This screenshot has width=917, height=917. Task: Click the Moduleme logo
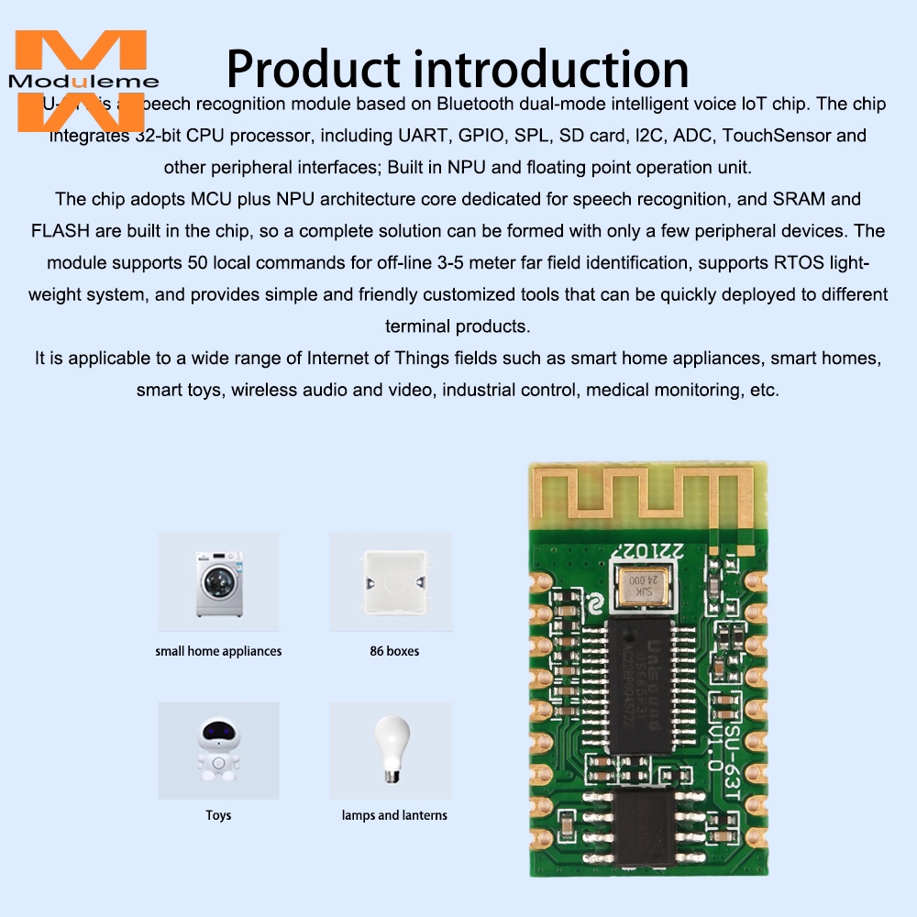[80, 81]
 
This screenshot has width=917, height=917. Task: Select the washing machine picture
[217, 582]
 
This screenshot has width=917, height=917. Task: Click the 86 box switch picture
[392, 582]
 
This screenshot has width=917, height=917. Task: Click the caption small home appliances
[218, 651]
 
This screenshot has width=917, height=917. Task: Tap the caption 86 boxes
[394, 651]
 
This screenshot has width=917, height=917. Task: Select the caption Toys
[218, 815]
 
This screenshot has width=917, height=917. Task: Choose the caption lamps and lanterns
[394, 815]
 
